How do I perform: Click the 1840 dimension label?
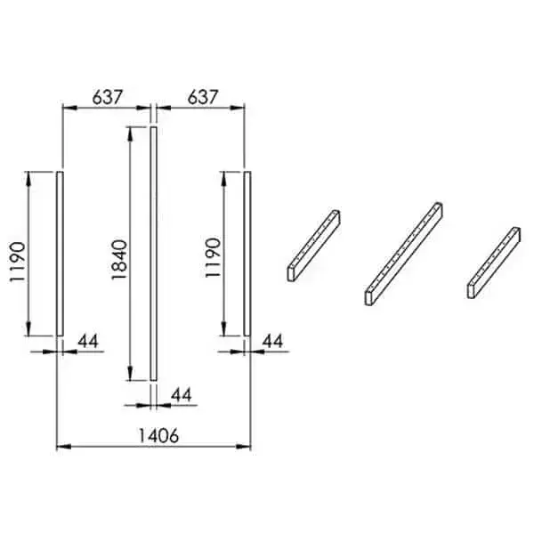coord(119,260)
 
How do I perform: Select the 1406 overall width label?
coord(158,435)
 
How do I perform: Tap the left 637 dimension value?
coord(107,97)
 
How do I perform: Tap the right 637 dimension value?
coord(202,97)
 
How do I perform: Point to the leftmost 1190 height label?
coord(18,262)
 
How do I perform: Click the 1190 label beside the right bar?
coord(214,258)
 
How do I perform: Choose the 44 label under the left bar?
coord(88,341)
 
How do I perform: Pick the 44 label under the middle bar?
coord(182,395)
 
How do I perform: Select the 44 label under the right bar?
coord(272,341)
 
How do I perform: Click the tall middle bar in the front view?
coord(154,254)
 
